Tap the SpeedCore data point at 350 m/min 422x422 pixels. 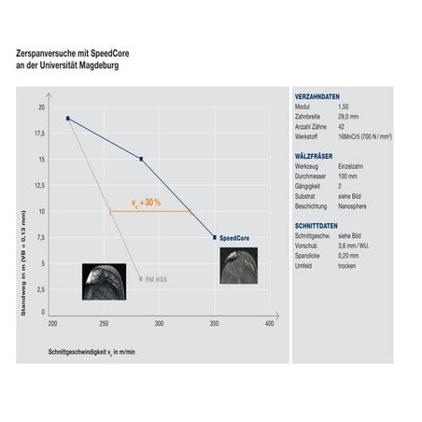point(215,238)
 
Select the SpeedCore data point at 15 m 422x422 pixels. point(141,159)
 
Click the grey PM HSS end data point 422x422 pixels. point(141,278)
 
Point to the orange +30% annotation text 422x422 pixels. point(148,202)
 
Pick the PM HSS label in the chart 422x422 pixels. point(155,279)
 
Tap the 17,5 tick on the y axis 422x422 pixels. point(39,133)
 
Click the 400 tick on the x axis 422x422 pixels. point(269,324)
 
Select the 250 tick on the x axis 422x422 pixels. point(104,324)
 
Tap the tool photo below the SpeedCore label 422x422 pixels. point(236,264)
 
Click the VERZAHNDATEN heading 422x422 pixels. point(316,97)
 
